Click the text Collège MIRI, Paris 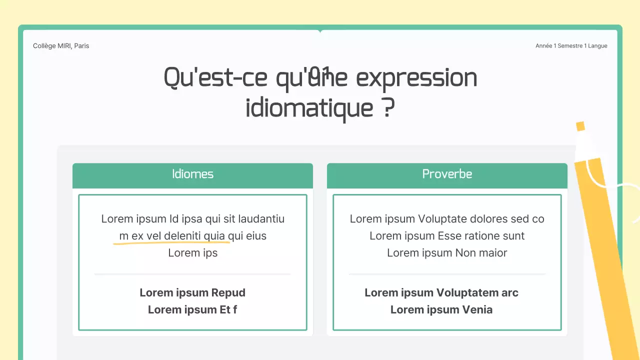61,46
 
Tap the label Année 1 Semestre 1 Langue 571,46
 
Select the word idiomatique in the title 309,108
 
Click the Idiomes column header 192,174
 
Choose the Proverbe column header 447,174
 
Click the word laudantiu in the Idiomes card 261,219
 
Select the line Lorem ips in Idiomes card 192,253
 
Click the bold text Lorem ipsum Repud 192,293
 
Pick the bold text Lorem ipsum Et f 192,310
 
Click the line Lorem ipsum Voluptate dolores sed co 447,219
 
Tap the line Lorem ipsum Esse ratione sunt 447,236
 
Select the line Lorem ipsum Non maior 447,253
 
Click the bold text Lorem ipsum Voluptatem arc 441,293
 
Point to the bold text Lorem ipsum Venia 441,310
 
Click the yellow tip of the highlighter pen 580,126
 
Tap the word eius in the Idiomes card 256,236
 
